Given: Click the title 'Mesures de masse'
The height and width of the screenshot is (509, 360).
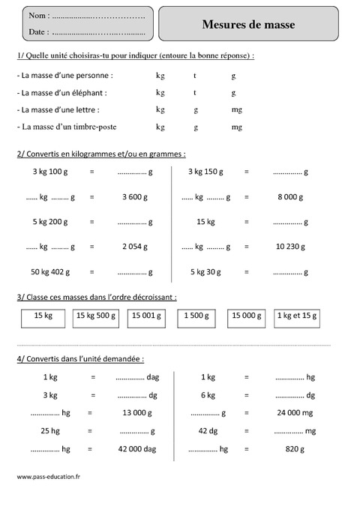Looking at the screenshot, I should coord(248,25).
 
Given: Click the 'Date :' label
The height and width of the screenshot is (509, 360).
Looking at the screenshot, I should coord(40,32).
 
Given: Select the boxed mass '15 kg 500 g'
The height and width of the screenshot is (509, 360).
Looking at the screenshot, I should coord(95,316).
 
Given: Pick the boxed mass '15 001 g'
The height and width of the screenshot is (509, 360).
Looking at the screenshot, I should coord(145,316).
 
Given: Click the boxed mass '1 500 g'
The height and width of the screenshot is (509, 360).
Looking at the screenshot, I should coord(196,316).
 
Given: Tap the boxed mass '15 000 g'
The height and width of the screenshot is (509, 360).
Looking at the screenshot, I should coord(246,316).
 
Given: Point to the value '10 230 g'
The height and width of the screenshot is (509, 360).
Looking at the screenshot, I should coord(289,246).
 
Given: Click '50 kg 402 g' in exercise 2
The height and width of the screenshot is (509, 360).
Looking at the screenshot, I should coord(50,271).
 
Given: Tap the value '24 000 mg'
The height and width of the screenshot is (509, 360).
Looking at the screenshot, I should coord(290,412).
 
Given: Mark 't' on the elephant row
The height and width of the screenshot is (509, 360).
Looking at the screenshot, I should coord(194,93).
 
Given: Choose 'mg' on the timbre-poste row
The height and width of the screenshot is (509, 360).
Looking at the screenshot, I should coord(236,127).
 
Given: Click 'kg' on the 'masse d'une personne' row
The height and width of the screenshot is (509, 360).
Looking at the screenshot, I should coord(160,76).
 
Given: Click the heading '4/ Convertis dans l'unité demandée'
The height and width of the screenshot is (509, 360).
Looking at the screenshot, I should coord(79,358).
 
